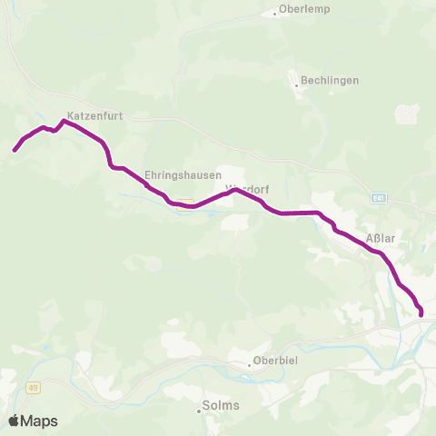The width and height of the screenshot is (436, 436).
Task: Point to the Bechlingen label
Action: pos(329,80)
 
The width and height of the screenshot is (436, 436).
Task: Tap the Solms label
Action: pos(222,405)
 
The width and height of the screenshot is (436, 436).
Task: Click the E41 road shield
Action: pos(378,197)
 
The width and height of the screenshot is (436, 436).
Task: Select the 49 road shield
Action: pos(33,388)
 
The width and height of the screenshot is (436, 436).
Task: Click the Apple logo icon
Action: pos(14,421)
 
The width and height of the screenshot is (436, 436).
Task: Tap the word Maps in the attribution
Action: pos(40,421)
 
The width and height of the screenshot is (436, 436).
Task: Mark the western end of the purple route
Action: pos(15,150)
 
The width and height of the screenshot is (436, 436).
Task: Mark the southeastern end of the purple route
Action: pos(421,315)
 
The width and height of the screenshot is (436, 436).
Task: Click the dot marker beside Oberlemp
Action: pos(275,14)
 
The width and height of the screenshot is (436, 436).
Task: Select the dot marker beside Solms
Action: pos(200,408)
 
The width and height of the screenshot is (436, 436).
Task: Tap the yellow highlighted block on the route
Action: pos(183,203)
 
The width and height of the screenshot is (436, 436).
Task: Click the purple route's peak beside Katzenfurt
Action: pos(64,121)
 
